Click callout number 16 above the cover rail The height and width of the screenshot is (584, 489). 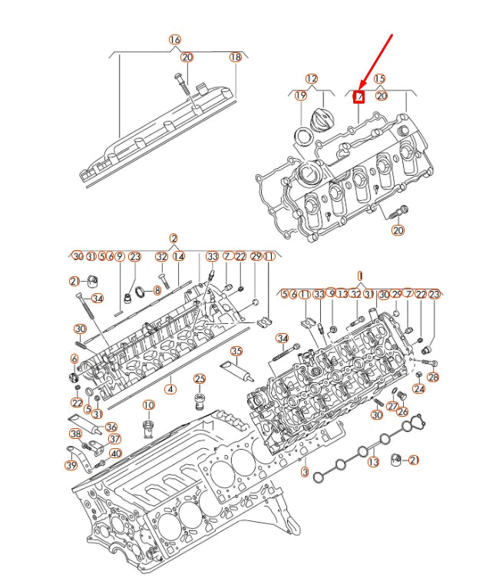pyautogui.click(x=175, y=39)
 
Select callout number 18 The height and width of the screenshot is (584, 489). pyautogui.click(x=236, y=57)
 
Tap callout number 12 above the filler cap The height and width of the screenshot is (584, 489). pyautogui.click(x=311, y=78)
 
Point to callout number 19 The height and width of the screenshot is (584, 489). pyautogui.click(x=300, y=95)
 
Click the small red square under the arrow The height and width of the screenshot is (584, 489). pyautogui.click(x=358, y=96)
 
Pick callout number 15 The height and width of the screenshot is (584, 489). pyautogui.click(x=379, y=78)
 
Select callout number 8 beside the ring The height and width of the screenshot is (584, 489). pyautogui.click(x=157, y=290)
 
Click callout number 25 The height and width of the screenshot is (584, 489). pyautogui.click(x=200, y=378)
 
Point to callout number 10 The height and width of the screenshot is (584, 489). pyautogui.click(x=148, y=404)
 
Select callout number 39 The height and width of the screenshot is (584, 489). pyautogui.click(x=71, y=464)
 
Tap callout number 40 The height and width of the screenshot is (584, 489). pyautogui.click(x=115, y=453)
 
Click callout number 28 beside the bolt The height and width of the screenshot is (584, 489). pyautogui.click(x=433, y=377)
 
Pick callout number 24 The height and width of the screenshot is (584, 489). pyautogui.click(x=418, y=388)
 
